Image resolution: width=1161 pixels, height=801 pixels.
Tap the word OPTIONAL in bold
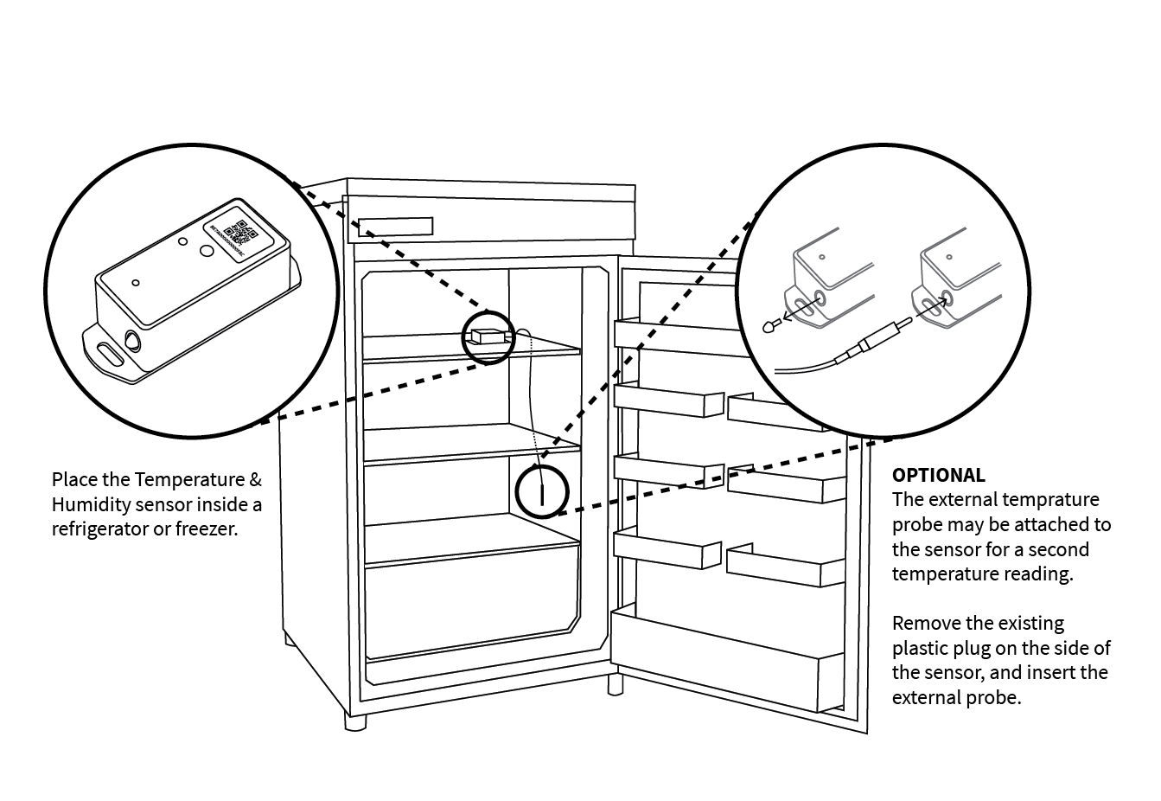(x=938, y=475)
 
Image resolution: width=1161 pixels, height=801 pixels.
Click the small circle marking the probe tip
(x=541, y=491)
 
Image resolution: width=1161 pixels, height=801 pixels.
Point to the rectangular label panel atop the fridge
(x=396, y=227)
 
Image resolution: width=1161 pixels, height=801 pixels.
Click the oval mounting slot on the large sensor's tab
(x=110, y=355)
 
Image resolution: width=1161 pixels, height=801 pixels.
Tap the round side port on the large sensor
(x=132, y=340)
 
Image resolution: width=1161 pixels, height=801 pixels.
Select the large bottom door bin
(x=726, y=662)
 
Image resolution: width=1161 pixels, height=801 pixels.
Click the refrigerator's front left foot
(x=354, y=721)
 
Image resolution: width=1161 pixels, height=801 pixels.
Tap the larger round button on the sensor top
(x=208, y=251)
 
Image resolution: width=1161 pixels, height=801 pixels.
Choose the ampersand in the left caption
(x=255, y=480)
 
